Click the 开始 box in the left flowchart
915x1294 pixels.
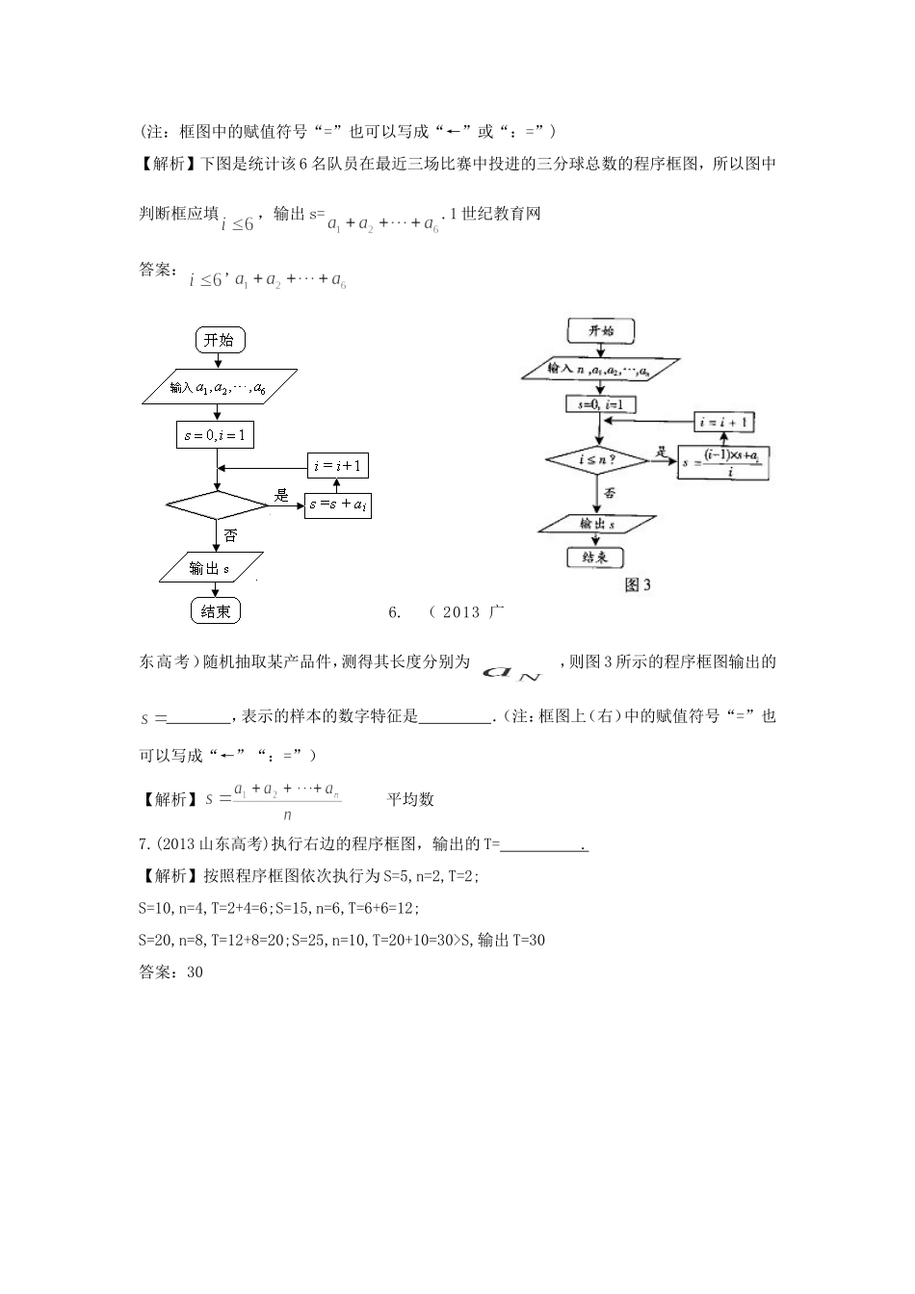pos(219,340)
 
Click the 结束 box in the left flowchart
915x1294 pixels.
pos(216,611)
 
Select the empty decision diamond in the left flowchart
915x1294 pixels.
pos(217,504)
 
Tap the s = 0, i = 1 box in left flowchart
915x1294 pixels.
pos(215,435)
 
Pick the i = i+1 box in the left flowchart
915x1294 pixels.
pos(337,466)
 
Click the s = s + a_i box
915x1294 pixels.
pos(337,505)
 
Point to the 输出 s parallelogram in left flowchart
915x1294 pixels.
pos(211,568)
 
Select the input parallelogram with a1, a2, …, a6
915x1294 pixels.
pos(218,387)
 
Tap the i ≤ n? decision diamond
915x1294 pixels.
pos(597,461)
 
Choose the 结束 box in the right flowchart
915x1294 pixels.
pos(594,557)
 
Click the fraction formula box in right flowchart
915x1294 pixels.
pos(724,463)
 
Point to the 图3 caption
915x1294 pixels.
pos(638,584)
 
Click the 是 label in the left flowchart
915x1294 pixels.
pos(281,495)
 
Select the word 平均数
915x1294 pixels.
pos(410,799)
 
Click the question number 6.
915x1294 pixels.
pos(393,612)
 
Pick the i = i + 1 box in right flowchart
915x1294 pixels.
pos(724,423)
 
